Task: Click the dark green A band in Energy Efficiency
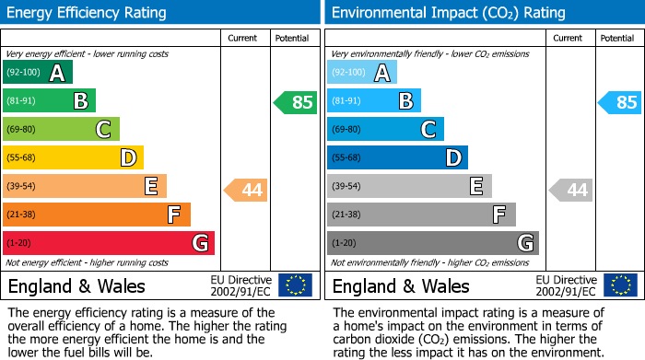point(38,73)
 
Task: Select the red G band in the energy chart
point(109,243)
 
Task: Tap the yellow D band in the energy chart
point(73,158)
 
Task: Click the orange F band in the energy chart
point(97,215)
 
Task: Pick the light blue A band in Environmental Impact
point(362,73)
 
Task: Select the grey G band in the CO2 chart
point(433,243)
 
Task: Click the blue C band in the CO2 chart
point(385,130)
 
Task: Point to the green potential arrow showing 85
point(295,102)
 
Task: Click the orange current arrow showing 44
point(246,191)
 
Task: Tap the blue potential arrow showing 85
point(619,102)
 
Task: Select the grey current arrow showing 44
point(570,191)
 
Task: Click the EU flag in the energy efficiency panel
point(295,285)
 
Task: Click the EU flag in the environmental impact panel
point(619,285)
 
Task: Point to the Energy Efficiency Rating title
point(88,13)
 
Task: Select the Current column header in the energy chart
point(243,38)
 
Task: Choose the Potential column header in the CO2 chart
point(617,38)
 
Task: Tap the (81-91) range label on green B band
point(22,101)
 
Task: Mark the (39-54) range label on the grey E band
point(346,187)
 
